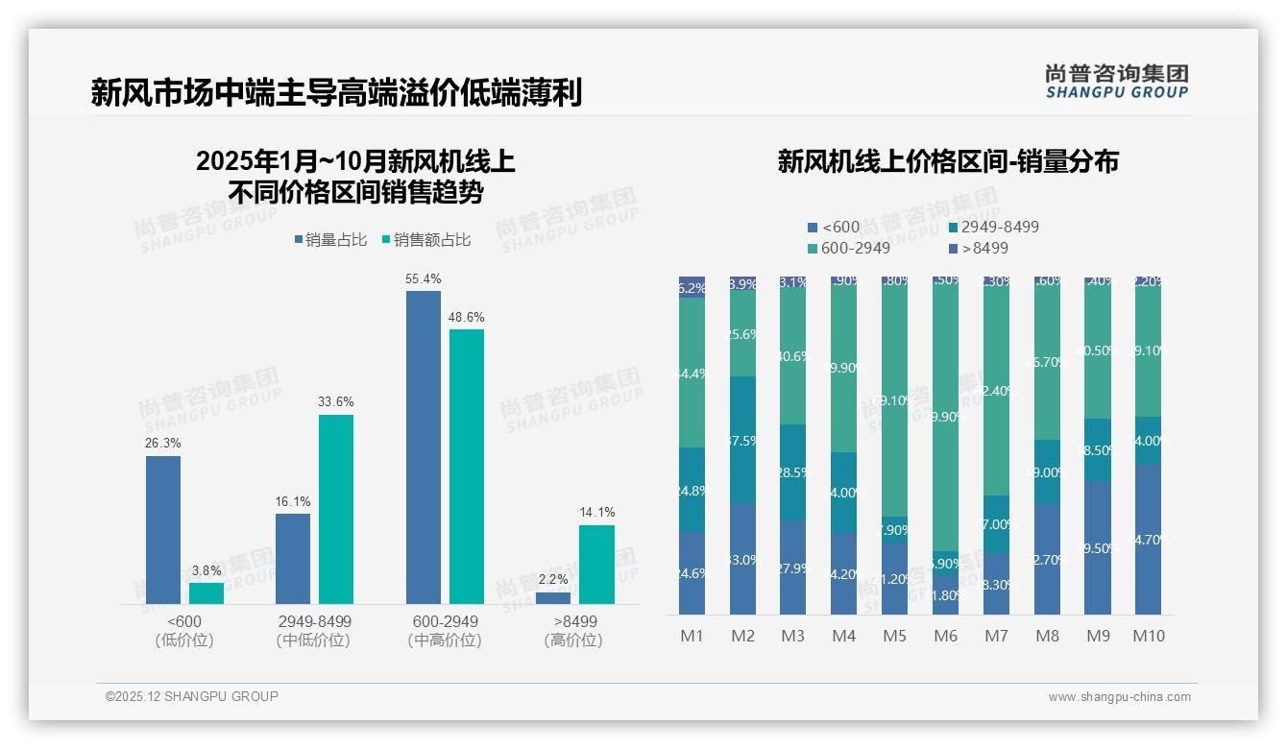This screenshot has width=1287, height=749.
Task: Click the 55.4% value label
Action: tap(423, 279)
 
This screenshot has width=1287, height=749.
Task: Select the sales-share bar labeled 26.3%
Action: tap(163, 529)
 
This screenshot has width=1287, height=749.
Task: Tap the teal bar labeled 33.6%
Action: tap(336, 508)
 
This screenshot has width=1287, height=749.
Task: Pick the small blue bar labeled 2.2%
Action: tap(553, 597)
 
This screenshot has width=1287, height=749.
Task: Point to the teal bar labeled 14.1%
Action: tap(596, 564)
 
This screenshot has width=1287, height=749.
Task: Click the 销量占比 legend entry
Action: tap(330, 240)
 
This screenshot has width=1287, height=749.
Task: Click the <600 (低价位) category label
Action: tap(184, 631)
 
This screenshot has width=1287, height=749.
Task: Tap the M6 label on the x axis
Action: tap(945, 636)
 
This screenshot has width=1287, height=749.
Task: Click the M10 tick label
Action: tap(1148, 636)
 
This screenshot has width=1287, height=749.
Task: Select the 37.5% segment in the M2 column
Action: tap(742, 440)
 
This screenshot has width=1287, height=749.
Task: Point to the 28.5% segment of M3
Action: tap(793, 472)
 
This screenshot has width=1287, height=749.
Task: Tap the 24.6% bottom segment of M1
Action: tap(692, 573)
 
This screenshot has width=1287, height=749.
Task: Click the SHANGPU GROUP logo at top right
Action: tap(1116, 81)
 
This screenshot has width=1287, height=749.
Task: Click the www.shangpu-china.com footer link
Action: tap(1119, 697)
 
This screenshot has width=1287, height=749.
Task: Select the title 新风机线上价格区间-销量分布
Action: tap(948, 161)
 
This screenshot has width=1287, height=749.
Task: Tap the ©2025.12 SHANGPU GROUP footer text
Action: tap(192, 696)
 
